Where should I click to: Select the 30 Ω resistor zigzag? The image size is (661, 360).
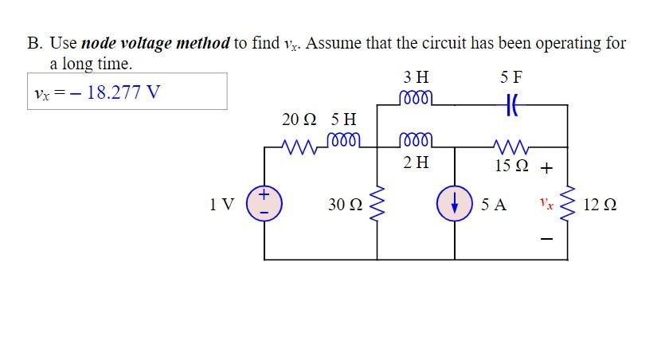(x=377, y=204)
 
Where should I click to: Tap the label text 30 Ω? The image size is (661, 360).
(x=344, y=205)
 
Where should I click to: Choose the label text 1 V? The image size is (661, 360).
(x=221, y=205)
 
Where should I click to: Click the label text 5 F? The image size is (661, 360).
(x=511, y=77)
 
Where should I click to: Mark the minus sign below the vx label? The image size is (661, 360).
(x=546, y=238)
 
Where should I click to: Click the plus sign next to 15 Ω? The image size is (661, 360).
(x=546, y=168)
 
